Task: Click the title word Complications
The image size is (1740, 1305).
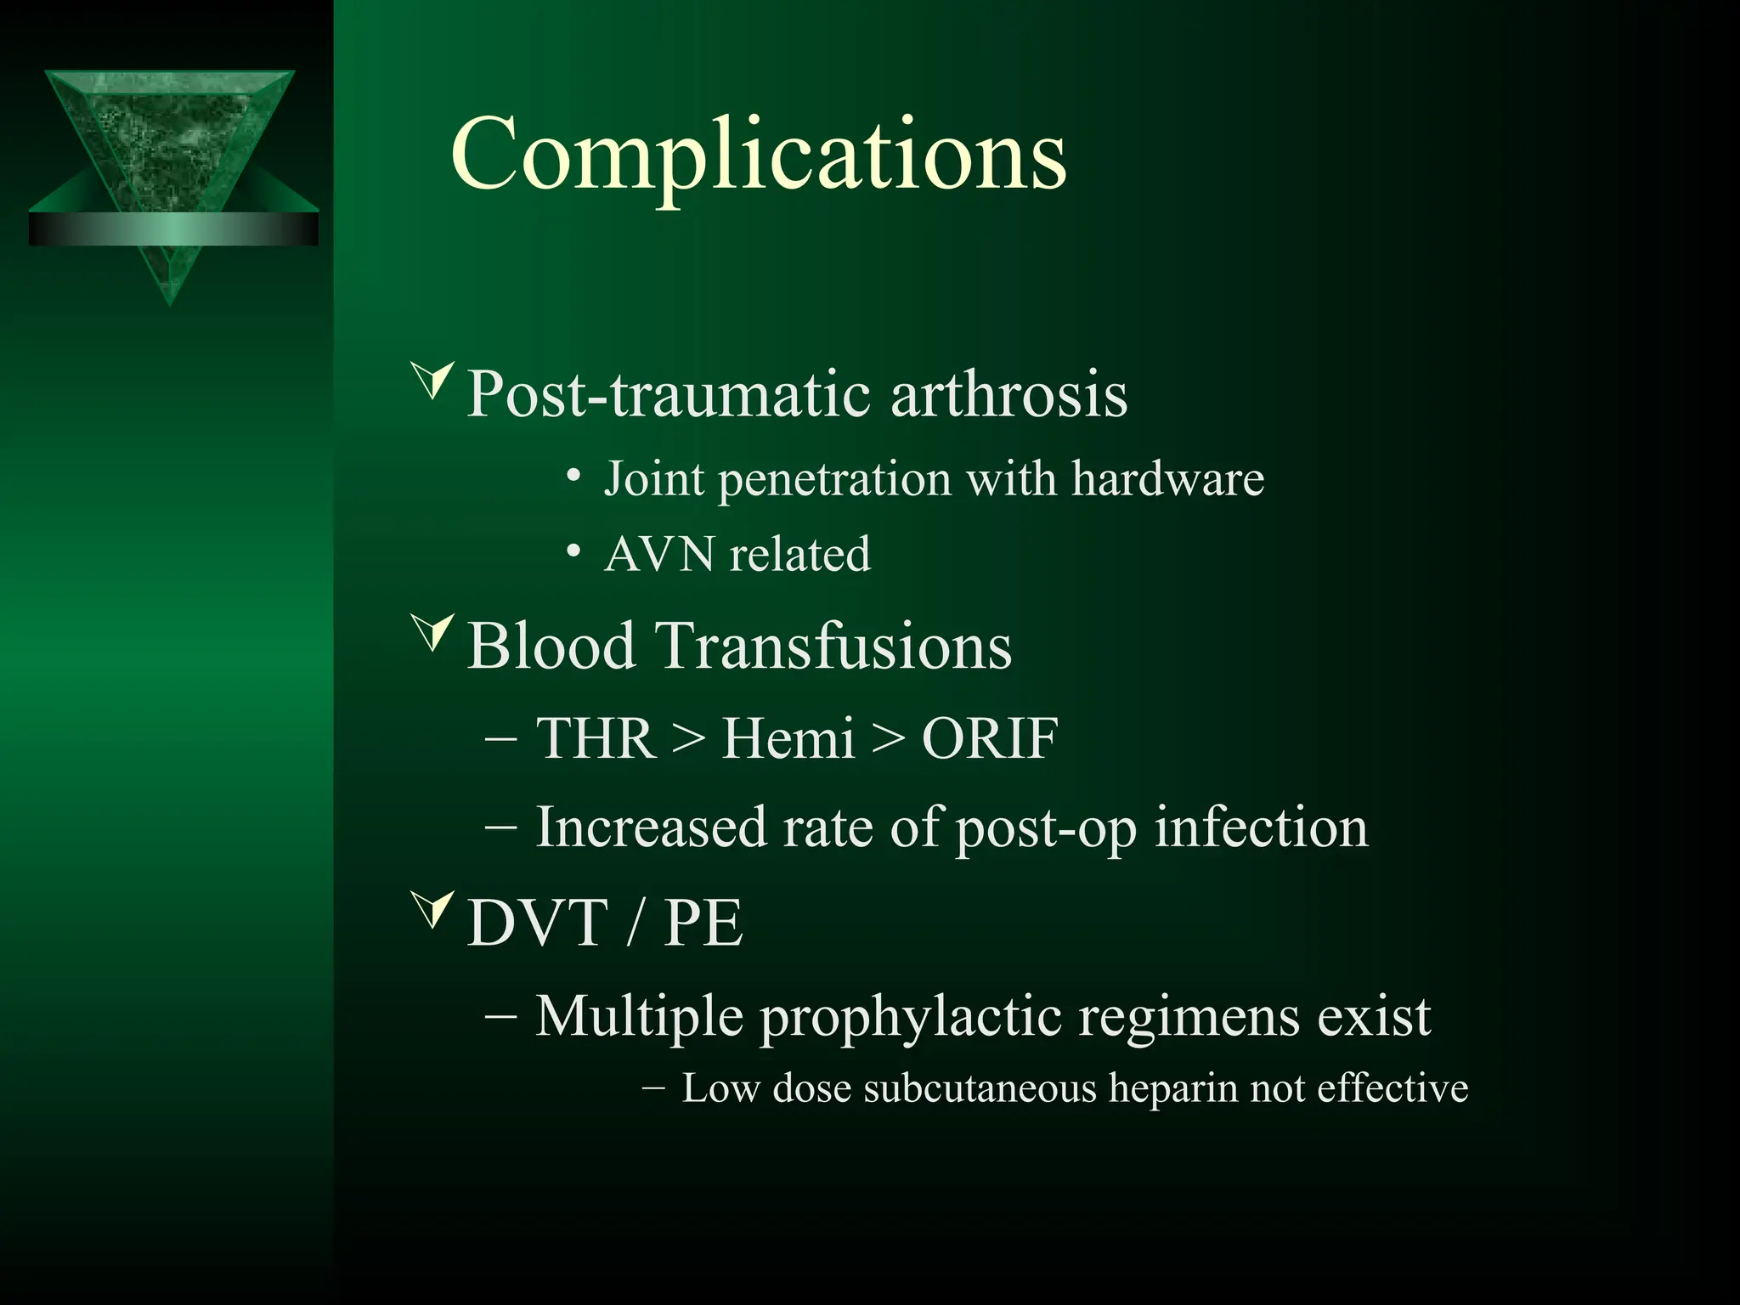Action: [758, 155]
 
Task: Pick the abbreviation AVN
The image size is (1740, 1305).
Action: [659, 555]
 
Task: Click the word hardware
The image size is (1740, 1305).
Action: [1167, 479]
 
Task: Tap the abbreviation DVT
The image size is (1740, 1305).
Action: [538, 923]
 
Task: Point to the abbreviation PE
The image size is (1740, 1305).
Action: [703, 923]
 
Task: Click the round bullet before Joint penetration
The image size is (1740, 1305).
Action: [574, 477]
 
